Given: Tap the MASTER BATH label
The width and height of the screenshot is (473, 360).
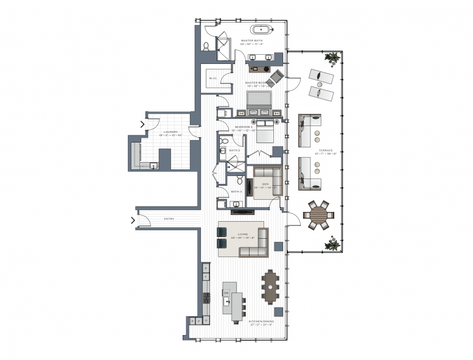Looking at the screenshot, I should pos(251,40).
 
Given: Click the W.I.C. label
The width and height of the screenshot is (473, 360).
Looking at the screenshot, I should pos(213,78).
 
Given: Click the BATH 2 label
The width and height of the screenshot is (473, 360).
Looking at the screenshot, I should pos(234,150).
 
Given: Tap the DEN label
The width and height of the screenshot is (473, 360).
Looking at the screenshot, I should pos(265,185).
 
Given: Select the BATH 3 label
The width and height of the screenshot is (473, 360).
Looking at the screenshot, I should pos(236,191).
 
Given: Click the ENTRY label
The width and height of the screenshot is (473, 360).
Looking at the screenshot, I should pos(170,219).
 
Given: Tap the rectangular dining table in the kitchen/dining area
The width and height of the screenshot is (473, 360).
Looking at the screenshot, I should pos(270,286).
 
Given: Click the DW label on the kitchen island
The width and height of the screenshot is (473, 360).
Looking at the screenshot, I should pos(226,294).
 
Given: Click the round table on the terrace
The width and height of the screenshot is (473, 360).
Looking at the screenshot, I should pos(318,215).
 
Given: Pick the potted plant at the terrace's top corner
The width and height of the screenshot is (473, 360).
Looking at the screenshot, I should pos(332,58).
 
